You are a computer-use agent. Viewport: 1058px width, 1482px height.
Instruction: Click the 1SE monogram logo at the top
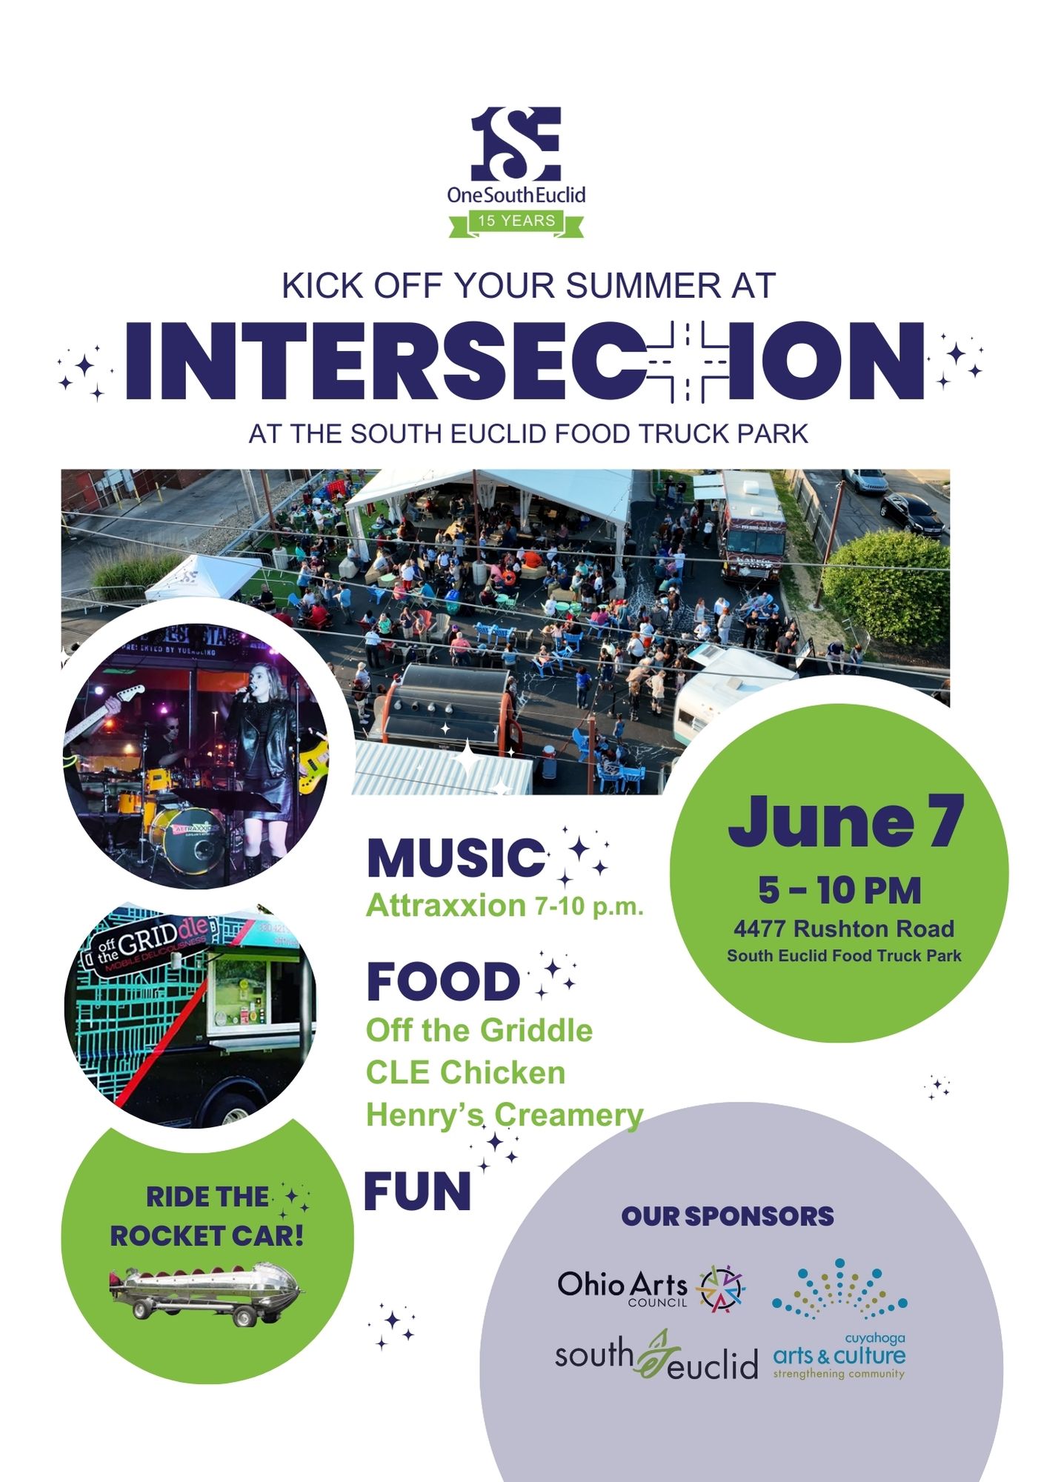point(516,144)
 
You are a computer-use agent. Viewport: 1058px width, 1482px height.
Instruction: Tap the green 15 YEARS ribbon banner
point(516,222)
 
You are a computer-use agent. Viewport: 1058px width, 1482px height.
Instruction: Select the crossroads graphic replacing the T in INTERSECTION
point(688,362)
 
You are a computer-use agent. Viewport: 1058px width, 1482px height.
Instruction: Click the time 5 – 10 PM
point(839,891)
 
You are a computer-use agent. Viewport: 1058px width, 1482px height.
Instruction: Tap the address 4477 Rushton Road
point(844,928)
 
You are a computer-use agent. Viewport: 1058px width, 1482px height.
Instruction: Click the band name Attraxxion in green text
point(446,906)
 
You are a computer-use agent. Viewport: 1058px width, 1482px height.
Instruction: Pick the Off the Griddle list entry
point(479,1031)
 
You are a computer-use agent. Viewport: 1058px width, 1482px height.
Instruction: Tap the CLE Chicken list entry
point(465,1073)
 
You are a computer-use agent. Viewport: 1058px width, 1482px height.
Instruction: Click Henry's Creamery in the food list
point(505,1116)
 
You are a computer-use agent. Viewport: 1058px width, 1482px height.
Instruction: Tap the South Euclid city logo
point(656,1356)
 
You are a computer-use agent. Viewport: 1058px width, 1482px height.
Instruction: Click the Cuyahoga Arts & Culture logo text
point(839,1356)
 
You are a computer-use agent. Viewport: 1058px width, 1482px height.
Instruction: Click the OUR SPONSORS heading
point(728,1216)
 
